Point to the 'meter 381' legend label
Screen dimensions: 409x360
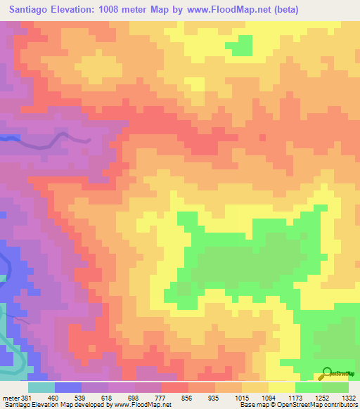pyautogui.click(x=16, y=398)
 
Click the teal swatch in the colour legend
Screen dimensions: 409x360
pyautogui.click(x=41, y=387)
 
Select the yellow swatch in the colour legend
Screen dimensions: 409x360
pyautogui.click(x=282, y=387)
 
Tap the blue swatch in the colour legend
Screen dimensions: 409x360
pyautogui.click(x=68, y=387)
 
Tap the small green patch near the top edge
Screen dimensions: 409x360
pyautogui.click(x=240, y=45)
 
